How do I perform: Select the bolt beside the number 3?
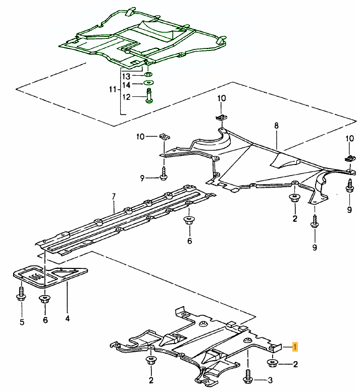coord(248,376)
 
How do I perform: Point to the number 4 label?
coord(67,318)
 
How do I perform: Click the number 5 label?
coord(22,321)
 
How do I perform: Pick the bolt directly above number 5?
coord(21,294)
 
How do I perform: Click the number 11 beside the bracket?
coord(113,89)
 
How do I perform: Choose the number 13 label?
coord(126,76)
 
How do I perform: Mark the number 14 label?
coord(126,84)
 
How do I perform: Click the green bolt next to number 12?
coord(148,96)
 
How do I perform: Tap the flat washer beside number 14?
coord(148,83)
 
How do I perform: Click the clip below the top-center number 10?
coord(220,118)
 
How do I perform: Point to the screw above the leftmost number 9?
coord(164,174)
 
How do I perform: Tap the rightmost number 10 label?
coord(349,138)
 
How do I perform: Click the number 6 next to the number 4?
coord(45,320)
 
